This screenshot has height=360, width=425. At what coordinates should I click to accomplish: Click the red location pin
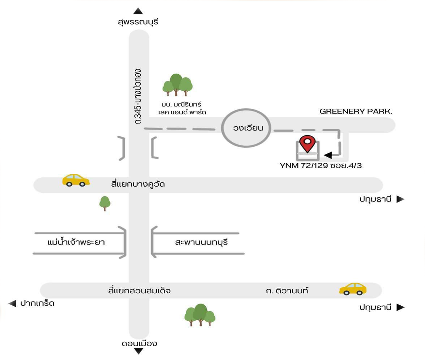point(307,143)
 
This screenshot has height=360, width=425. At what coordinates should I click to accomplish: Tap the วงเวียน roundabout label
point(248,128)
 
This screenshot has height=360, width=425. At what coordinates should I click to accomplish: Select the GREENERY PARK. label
point(356,111)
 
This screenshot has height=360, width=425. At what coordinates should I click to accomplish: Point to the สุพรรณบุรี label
point(138,22)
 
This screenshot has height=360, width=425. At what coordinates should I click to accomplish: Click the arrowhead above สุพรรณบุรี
point(138,11)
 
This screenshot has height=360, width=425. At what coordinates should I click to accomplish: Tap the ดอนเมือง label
point(139,343)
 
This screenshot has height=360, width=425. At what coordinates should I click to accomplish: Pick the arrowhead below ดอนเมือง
point(139,351)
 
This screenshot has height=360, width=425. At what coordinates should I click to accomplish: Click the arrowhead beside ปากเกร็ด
point(12,303)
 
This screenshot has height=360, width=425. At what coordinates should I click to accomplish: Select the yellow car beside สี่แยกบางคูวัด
point(76,180)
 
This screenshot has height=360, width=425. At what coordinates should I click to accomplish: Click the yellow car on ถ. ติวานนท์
point(352,289)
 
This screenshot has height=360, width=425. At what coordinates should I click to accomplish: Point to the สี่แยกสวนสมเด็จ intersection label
point(139,291)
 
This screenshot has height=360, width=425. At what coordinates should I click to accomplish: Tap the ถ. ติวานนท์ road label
point(287,291)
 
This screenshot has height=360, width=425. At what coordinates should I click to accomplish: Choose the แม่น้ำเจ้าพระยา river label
point(76,243)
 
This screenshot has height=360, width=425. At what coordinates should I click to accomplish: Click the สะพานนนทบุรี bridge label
point(201,243)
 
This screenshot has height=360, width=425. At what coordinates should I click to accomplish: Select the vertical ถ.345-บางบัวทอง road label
point(138,96)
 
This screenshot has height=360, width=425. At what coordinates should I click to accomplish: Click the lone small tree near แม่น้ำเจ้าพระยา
point(105,203)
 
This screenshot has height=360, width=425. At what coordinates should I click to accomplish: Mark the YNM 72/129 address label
point(320,166)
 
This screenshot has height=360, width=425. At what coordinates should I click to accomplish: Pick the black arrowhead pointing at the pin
point(328,155)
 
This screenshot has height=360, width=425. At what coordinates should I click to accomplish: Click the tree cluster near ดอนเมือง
point(200,315)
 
